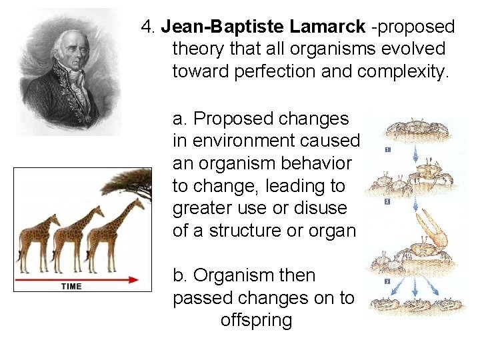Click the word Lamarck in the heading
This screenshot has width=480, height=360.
(x=327, y=27)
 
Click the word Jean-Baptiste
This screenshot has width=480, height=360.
(x=223, y=27)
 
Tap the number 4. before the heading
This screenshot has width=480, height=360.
(x=148, y=27)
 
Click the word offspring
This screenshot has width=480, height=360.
(x=256, y=320)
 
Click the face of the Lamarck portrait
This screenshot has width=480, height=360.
(x=66, y=50)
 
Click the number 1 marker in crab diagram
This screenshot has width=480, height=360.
(x=387, y=150)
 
